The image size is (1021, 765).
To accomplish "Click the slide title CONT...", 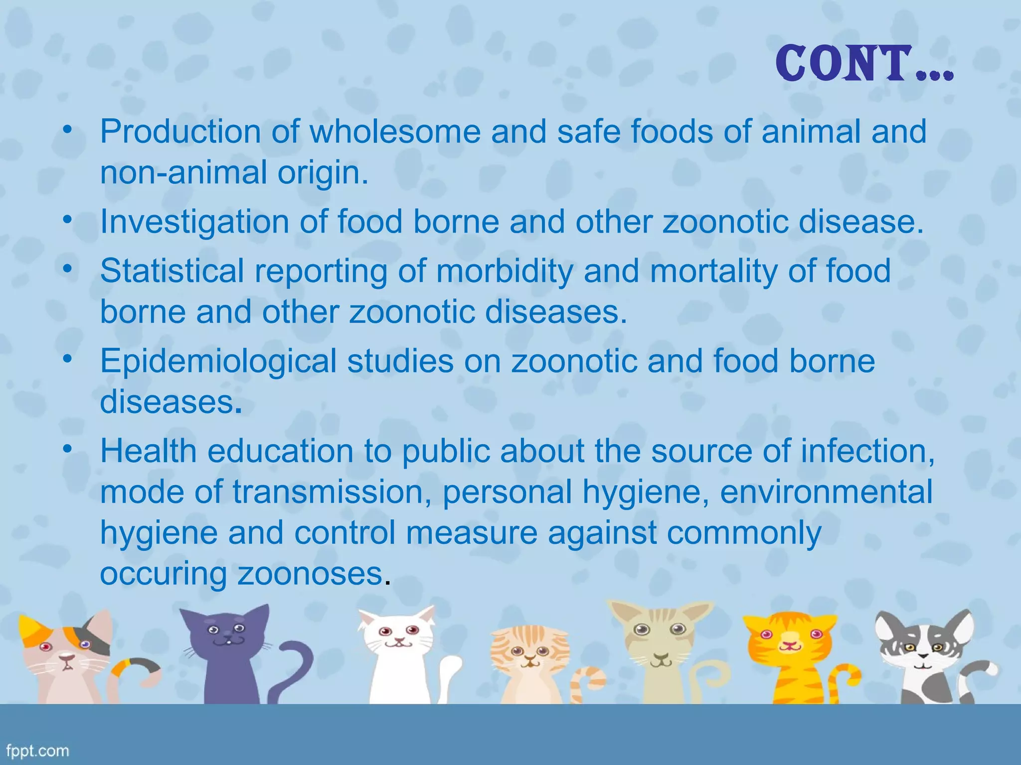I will click(x=864, y=64).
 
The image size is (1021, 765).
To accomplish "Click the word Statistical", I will click(x=172, y=271).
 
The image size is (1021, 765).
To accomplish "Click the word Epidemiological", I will click(x=218, y=361).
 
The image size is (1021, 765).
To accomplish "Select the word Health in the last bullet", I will click(x=149, y=451).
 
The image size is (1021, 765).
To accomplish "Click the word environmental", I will click(x=826, y=492).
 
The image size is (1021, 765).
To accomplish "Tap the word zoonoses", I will click(x=310, y=574).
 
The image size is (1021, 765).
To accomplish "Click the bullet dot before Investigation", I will click(x=68, y=220).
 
